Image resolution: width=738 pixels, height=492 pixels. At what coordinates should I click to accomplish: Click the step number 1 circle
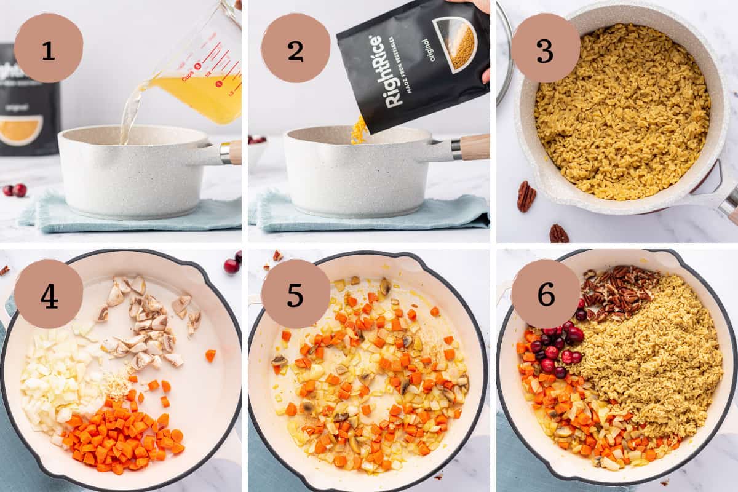(48, 48)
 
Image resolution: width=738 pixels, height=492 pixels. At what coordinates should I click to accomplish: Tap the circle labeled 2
(295, 48)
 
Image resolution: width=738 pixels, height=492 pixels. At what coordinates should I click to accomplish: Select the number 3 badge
(545, 48)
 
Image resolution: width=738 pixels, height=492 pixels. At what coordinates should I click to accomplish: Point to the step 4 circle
(48, 294)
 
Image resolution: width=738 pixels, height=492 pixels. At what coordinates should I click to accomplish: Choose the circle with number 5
(295, 294)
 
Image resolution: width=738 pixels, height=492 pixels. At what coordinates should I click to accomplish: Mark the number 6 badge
(545, 294)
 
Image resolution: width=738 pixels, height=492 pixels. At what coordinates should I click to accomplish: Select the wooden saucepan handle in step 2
(474, 148)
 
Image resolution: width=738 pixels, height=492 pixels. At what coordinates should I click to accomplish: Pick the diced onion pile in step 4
(58, 375)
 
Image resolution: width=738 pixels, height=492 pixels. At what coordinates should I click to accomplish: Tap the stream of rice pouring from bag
(359, 130)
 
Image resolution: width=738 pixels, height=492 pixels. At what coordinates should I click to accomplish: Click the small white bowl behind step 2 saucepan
(257, 151)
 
